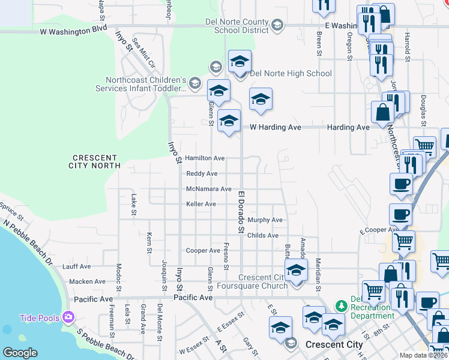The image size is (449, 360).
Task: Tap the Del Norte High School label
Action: [291, 74]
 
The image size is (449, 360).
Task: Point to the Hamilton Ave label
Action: [205, 158]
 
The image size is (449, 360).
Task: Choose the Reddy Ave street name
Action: [202, 173]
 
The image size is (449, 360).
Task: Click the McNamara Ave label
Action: [209, 189]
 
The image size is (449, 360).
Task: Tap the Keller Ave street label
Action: [201, 204]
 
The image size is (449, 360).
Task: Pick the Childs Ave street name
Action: [262, 236]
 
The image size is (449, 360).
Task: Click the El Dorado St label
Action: [241, 212]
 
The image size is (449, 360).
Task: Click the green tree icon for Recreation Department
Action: [341, 306]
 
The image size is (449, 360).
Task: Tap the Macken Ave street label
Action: [87, 281]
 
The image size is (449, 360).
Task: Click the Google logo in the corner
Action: [20, 352]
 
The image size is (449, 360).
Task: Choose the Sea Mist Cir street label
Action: [144, 52]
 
